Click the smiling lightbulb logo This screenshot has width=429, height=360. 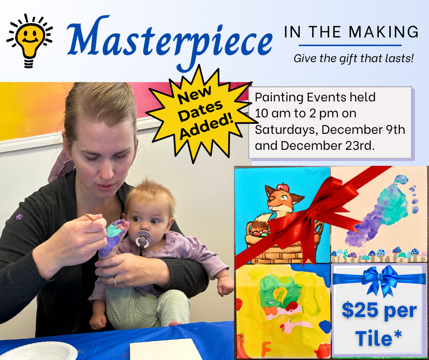click(x=30, y=41)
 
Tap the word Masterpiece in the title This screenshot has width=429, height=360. click(x=170, y=41)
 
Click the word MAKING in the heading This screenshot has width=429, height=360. click(x=383, y=32)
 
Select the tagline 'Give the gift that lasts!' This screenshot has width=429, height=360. click(x=354, y=58)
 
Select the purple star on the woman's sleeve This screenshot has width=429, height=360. click(x=19, y=217)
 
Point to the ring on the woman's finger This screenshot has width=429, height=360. click(x=116, y=281)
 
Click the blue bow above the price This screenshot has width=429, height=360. click(x=380, y=279)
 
